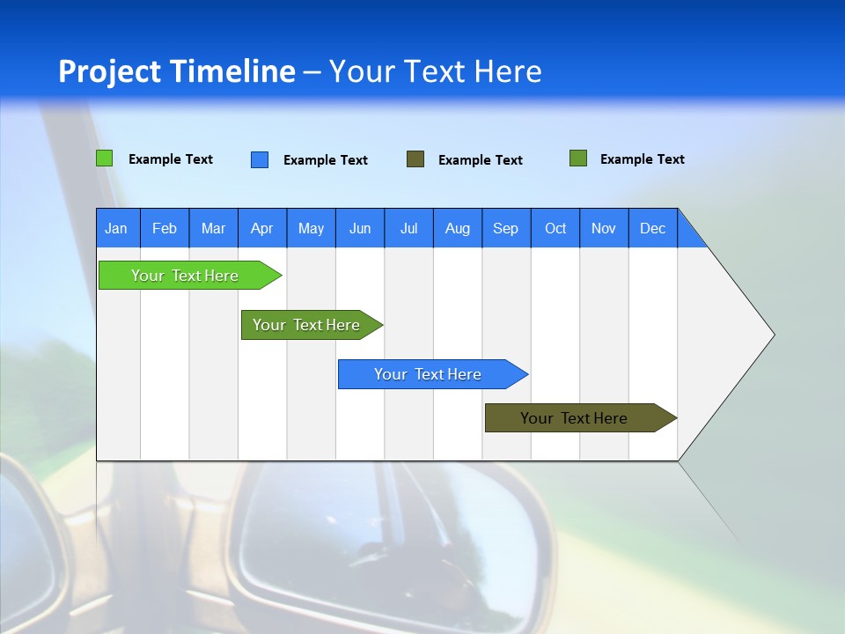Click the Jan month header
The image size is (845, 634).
pyautogui.click(x=117, y=228)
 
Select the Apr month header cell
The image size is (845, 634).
pyautogui.click(x=262, y=228)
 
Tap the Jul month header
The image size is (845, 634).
pyautogui.click(x=408, y=228)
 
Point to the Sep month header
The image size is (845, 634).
pyautogui.click(x=506, y=228)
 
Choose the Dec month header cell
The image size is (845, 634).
pyautogui.click(x=652, y=228)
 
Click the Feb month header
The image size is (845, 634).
pyautogui.click(x=165, y=228)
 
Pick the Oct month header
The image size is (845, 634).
pyautogui.click(x=555, y=228)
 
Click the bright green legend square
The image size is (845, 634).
pyautogui.click(x=105, y=158)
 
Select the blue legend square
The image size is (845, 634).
pyautogui.click(x=260, y=159)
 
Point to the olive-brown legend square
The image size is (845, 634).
pyautogui.click(x=415, y=159)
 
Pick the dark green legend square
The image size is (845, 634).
pyautogui.click(x=578, y=158)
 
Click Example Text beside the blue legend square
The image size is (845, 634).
pyautogui.click(x=326, y=160)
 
